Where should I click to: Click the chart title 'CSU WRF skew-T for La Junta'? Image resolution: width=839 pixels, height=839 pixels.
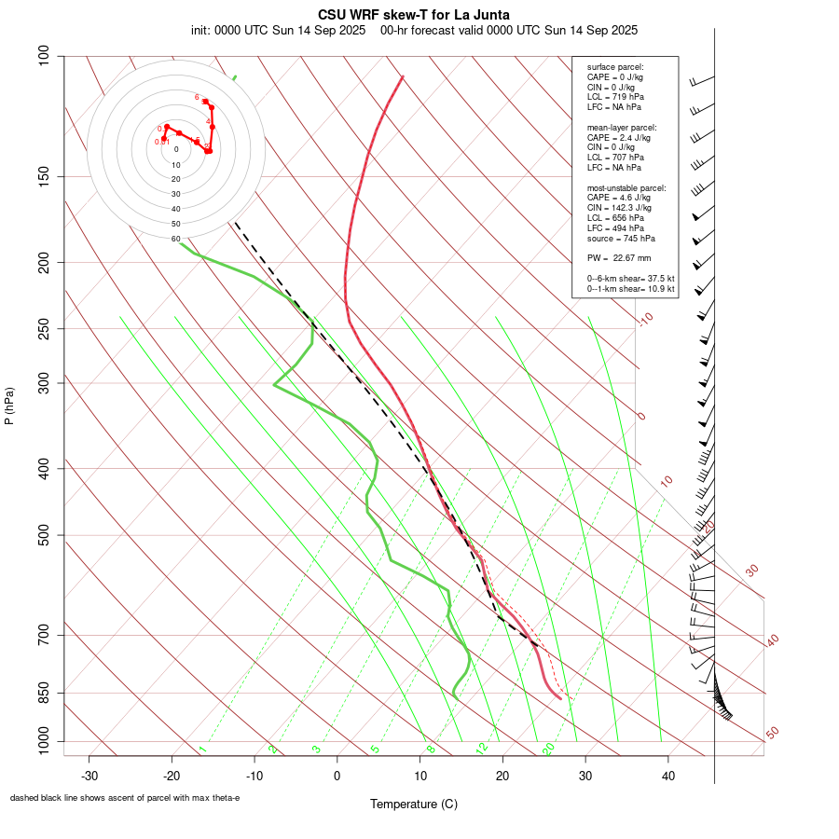coord(414,15)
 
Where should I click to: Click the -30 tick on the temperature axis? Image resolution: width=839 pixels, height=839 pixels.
coord(89,776)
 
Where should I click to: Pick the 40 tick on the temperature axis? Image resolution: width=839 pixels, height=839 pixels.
coord(668,776)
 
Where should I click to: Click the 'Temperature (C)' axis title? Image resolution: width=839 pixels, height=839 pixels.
coord(414,804)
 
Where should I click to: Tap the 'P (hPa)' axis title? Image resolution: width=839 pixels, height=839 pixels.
coord(9,406)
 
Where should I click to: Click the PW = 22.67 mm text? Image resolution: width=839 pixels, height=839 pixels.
coord(618,258)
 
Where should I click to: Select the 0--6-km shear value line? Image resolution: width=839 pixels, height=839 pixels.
coord(630,278)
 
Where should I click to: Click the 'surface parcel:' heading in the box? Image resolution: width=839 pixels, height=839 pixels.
coord(615,67)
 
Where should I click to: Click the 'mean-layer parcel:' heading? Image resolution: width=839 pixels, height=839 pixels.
coord(622,127)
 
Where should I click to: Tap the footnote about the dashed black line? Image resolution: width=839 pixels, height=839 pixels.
coord(125,798)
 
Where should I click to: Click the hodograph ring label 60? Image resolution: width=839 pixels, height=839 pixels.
coord(175,239)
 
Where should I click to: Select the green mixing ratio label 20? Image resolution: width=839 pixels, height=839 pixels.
coord(549,749)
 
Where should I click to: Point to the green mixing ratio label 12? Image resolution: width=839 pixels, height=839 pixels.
coord(481,749)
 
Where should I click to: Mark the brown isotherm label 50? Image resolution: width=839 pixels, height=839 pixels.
coord(773,733)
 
